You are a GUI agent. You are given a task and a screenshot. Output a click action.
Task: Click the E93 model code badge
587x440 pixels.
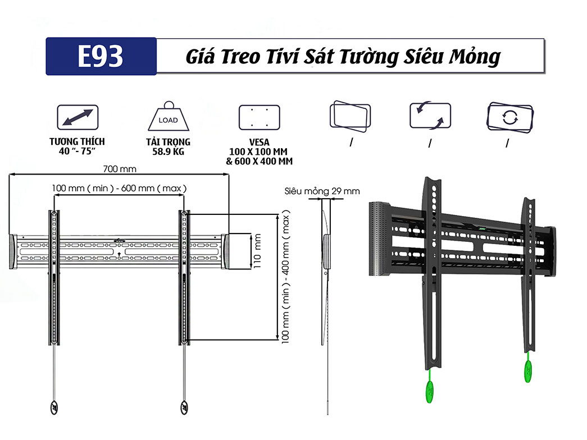pyautogui.click(x=101, y=57)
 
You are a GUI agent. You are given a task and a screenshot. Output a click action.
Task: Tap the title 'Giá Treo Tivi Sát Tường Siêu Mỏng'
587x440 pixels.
pyautogui.click(x=343, y=57)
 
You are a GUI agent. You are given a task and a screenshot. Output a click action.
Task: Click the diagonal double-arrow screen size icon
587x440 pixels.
pyautogui.click(x=78, y=118)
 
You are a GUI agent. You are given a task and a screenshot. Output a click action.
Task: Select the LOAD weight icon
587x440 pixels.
pyautogui.click(x=168, y=117)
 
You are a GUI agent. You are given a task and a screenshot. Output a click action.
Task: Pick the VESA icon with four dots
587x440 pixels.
pyautogui.click(x=259, y=117)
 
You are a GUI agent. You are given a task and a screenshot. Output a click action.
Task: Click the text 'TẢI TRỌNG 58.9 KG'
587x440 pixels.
pyautogui.click(x=168, y=146)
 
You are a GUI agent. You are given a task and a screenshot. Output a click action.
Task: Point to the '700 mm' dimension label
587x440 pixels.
pyautogui.click(x=120, y=168)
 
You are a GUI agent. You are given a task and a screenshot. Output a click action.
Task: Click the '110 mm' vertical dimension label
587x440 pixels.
pyautogui.click(x=258, y=250)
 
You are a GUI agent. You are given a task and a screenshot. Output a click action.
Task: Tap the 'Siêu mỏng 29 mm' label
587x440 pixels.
pyautogui.click(x=322, y=191)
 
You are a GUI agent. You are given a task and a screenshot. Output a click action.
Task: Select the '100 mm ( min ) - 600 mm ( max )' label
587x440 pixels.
pyautogui.click(x=119, y=188)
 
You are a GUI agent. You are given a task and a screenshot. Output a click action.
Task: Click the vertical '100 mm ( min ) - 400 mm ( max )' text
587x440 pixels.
pyautogui.click(x=286, y=278)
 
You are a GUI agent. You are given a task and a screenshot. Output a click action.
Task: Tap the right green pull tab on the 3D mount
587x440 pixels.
pyautogui.click(x=528, y=370)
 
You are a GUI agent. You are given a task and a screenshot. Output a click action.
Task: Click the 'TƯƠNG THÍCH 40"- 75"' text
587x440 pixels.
pyautogui.click(x=77, y=146)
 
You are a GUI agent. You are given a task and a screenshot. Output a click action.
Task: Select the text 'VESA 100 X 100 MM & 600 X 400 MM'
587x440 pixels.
pyautogui.click(x=259, y=152)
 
